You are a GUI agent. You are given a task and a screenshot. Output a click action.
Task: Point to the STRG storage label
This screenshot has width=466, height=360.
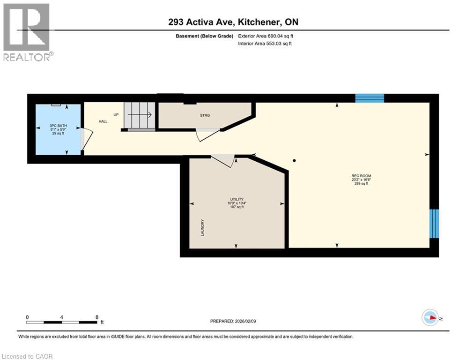205,115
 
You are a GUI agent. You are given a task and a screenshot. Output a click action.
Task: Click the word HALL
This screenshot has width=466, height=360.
103,121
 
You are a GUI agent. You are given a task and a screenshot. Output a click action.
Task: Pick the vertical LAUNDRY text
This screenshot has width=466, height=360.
202,228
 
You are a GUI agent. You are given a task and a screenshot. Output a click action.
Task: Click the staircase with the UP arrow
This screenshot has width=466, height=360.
139,115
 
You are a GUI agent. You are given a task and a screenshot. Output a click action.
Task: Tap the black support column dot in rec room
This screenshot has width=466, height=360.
294,161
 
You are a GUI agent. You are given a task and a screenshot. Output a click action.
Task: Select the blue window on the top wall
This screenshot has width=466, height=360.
370,98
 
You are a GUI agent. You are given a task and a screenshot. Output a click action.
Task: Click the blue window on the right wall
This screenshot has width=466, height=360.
435,224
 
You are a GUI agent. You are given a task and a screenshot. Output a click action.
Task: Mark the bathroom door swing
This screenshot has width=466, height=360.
86,139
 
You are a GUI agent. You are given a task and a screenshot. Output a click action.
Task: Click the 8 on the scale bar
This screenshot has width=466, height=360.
97,317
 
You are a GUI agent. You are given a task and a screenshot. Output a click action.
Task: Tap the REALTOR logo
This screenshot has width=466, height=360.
27,32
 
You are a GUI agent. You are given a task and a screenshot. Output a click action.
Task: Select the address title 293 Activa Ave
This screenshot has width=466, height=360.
233,22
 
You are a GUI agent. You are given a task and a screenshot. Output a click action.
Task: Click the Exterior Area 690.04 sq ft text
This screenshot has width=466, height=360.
266,36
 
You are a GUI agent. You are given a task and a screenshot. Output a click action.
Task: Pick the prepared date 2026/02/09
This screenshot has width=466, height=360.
233,321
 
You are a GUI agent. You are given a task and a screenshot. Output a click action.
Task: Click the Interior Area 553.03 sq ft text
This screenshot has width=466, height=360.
265,44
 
